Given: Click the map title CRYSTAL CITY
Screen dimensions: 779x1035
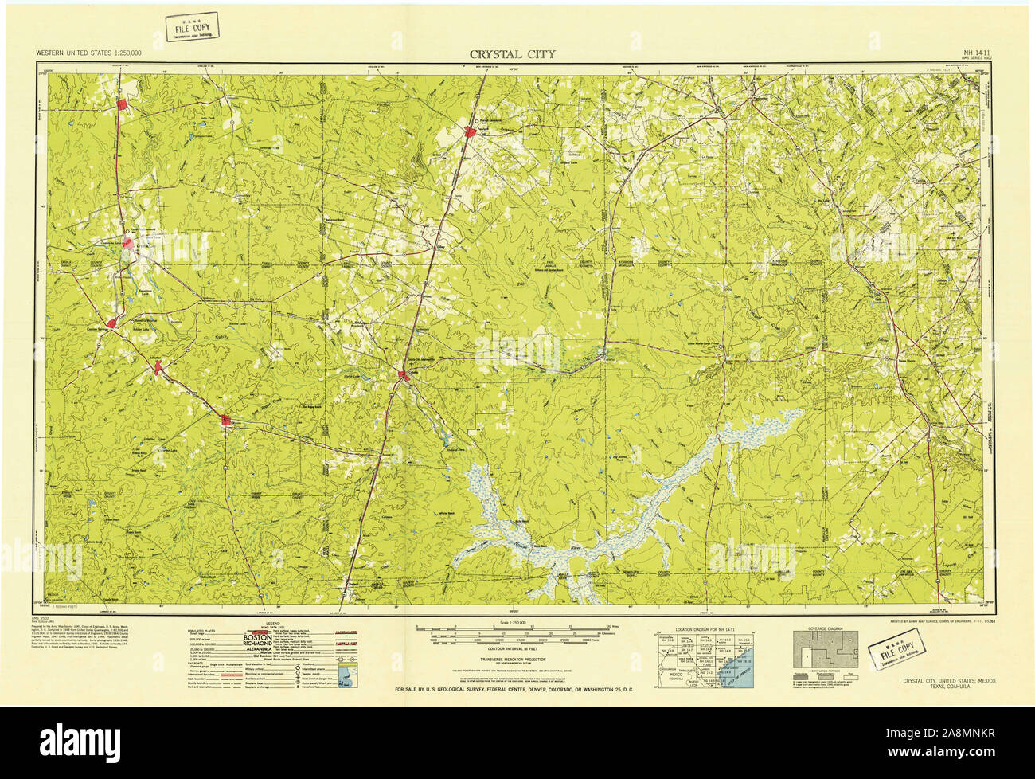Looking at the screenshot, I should click(x=512, y=54).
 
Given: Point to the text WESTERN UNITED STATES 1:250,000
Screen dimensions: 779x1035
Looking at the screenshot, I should click(x=89, y=53).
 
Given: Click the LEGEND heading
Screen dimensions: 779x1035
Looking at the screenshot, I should click(x=273, y=624).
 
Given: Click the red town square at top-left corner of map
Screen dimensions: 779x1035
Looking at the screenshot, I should click(x=123, y=104).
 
